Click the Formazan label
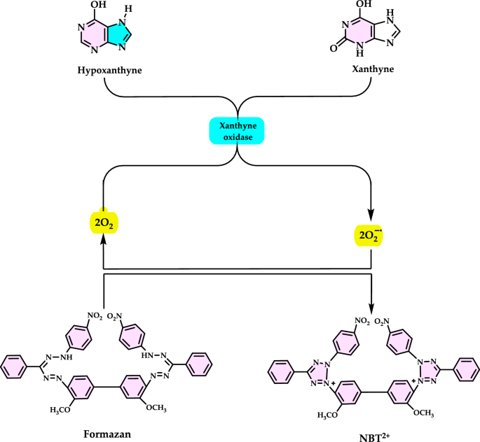pyautogui.click(x=104, y=433)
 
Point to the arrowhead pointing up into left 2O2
pyautogui.click(x=104, y=238)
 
